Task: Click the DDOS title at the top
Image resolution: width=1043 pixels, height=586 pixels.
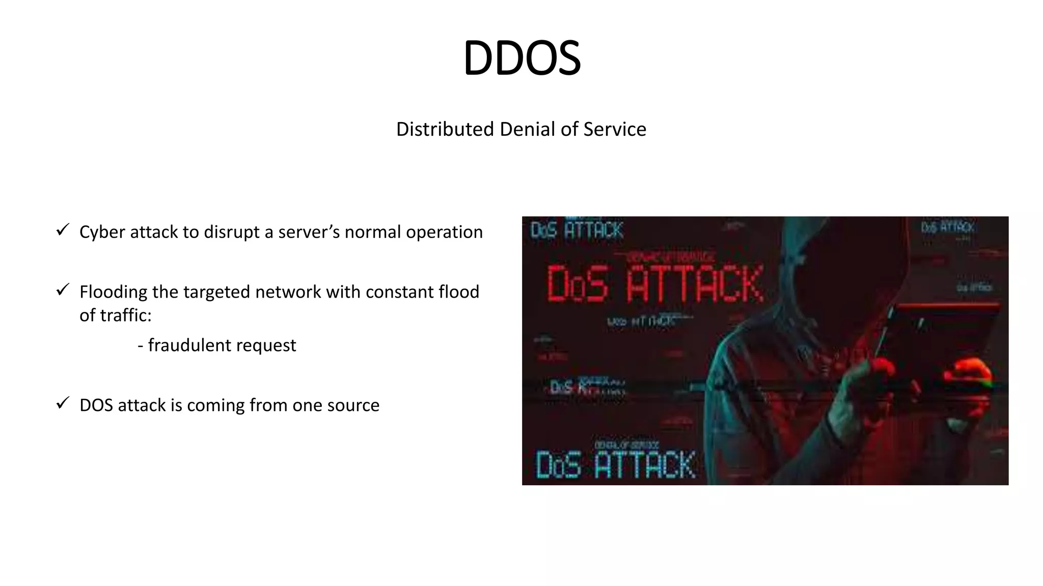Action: tap(521, 58)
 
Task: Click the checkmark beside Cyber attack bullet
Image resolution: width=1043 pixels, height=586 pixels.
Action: tap(63, 230)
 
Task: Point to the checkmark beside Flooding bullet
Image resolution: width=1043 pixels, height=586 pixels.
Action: tap(63, 290)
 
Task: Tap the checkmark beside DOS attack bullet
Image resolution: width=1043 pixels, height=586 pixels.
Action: tap(63, 403)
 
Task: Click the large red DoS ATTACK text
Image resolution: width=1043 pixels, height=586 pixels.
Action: tap(654, 284)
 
